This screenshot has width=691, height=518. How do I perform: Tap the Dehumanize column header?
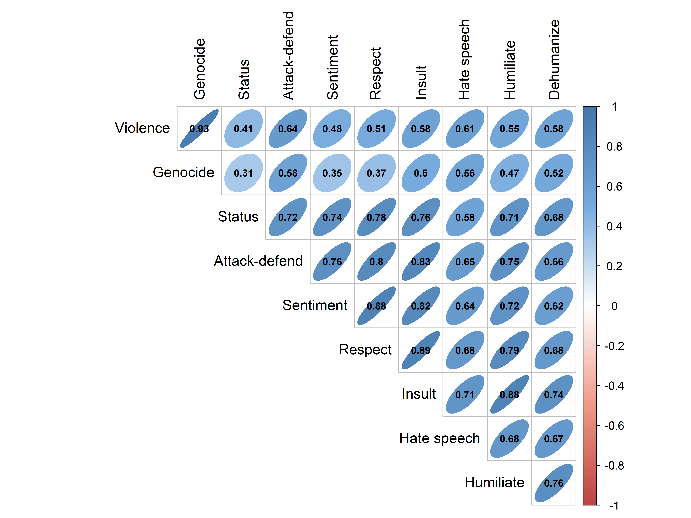point(554,59)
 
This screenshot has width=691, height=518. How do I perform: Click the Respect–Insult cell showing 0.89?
point(421,350)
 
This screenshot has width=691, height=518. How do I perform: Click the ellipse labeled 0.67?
point(554,439)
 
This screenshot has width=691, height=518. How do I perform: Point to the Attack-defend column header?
point(288,56)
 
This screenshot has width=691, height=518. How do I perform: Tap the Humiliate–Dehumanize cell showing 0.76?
point(554,483)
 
